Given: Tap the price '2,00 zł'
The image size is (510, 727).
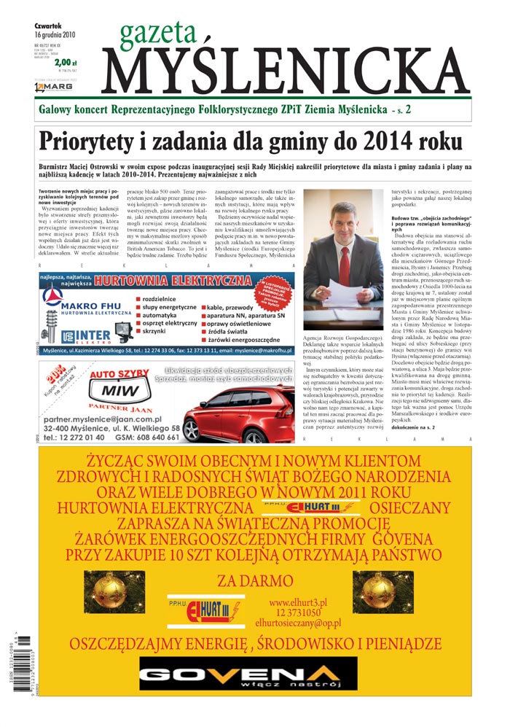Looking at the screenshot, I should [65, 63].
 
